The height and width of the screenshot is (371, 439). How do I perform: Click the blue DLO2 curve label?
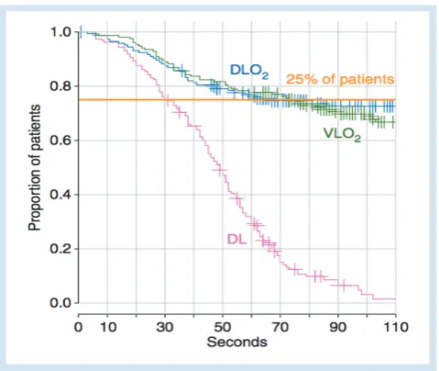[x=249, y=72]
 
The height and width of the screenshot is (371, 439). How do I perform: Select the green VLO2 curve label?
[x=342, y=134]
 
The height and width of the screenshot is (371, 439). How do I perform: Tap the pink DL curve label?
[x=236, y=239]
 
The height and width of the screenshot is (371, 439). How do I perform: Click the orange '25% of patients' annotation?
[x=340, y=79]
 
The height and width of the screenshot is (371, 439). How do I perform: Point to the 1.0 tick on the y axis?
[x=61, y=32]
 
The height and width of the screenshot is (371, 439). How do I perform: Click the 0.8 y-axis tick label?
[x=61, y=86]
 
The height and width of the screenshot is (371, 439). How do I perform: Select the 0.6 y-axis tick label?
[x=61, y=141]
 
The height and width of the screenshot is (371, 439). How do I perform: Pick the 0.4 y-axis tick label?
[x=61, y=195]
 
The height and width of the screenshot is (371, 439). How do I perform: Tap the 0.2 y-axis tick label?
[x=61, y=249]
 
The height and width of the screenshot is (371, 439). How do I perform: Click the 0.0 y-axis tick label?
[x=61, y=303]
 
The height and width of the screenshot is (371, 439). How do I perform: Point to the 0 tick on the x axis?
[x=78, y=327]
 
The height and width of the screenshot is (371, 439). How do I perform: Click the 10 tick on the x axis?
[x=108, y=327]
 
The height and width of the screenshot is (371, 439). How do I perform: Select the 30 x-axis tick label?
[x=165, y=327]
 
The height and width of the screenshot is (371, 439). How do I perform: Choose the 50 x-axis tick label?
[x=223, y=327]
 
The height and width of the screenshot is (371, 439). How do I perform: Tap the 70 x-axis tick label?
[x=280, y=327]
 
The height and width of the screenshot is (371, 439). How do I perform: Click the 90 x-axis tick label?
[x=338, y=327]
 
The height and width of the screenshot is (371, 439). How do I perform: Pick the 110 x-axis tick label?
[x=396, y=327]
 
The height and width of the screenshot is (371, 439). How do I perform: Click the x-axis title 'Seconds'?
[x=236, y=342]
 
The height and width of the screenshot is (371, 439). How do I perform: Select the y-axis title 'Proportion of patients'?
[x=35, y=167]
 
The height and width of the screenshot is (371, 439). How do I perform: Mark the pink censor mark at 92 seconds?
[x=344, y=286]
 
